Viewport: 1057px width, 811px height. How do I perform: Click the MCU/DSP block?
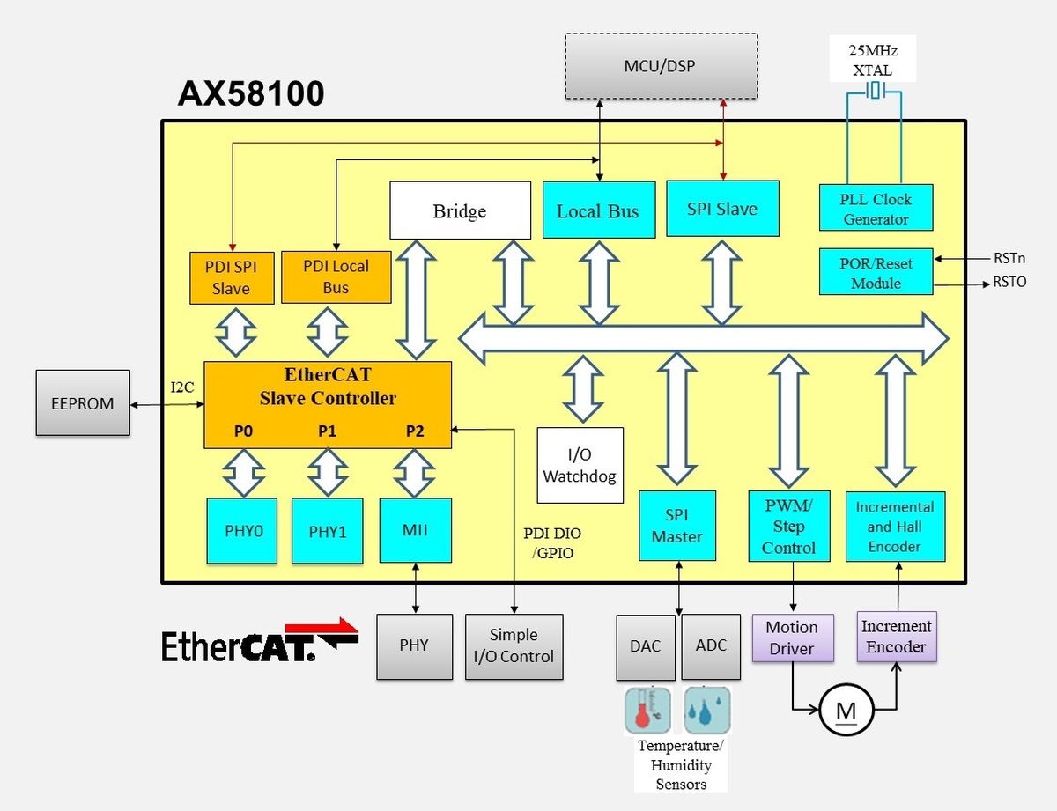[661, 66]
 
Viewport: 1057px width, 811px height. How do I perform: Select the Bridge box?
[460, 210]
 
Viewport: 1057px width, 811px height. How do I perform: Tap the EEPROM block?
[83, 402]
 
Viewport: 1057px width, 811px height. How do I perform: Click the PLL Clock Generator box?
[876, 208]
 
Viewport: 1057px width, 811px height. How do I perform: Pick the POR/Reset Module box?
[876, 272]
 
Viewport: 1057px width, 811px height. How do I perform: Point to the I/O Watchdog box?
[580, 465]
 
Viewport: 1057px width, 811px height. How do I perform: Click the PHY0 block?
[242, 531]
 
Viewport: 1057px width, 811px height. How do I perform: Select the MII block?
[416, 530]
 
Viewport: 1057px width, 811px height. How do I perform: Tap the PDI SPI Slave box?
[232, 278]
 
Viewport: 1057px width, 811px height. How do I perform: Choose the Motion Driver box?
[793, 638]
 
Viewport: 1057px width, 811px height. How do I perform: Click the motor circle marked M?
[846, 711]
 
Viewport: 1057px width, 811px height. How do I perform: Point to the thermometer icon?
[647, 711]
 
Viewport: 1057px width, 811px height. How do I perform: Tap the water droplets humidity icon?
[707, 711]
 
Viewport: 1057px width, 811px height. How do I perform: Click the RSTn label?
[1009, 258]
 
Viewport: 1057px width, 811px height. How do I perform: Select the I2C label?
[182, 387]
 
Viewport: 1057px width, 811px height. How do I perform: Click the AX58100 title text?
[251, 93]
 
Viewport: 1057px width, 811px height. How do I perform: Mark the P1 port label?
[327, 431]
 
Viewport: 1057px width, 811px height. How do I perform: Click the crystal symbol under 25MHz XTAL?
[875, 91]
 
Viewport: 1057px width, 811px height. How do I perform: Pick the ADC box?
[711, 646]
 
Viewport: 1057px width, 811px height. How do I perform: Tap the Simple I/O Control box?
[514, 646]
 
